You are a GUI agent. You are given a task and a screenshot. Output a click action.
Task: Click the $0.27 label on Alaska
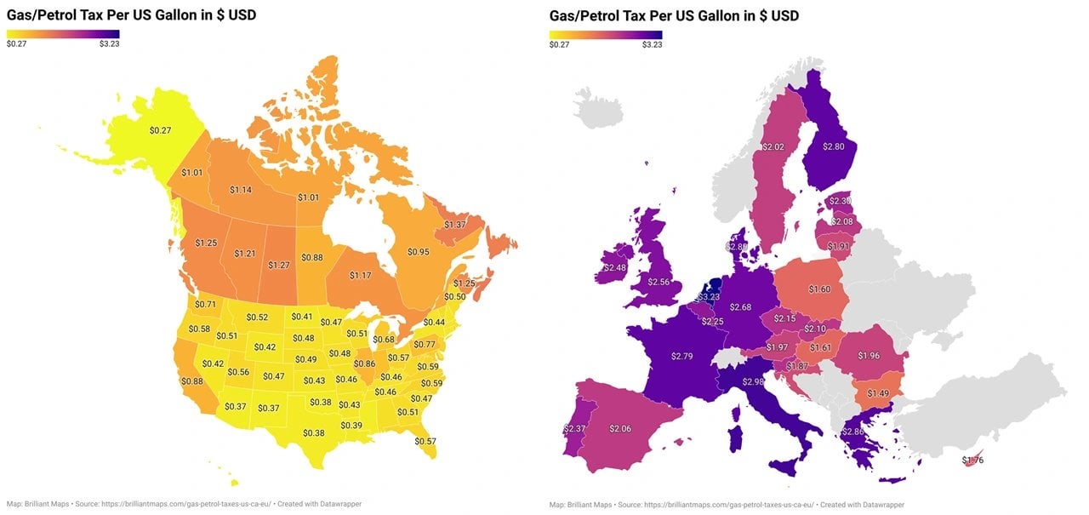160,130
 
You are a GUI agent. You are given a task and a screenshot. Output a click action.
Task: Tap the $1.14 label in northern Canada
241,190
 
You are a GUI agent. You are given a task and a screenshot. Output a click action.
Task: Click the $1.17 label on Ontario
360,276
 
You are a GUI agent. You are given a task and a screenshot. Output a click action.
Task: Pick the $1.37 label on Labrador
455,224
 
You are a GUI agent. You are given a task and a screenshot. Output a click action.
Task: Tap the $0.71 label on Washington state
205,304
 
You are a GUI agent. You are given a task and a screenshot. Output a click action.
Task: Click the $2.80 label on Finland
833,146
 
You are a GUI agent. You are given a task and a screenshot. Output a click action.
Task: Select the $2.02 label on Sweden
773,147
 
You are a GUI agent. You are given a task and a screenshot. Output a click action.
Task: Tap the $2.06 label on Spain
620,428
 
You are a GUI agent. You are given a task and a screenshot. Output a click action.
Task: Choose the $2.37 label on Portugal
574,428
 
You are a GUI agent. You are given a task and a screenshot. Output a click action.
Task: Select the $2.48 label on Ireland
613,267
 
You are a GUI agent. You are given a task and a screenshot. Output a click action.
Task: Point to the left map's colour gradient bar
63,35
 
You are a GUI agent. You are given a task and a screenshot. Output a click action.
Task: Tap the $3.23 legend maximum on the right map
652,44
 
